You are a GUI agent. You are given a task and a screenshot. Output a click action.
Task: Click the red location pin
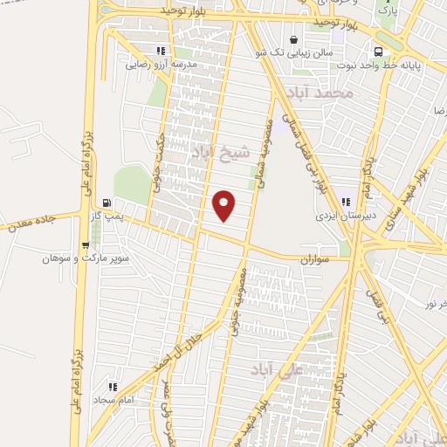(x=225, y=205)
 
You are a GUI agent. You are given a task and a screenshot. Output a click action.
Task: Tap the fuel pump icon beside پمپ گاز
(x=106, y=200)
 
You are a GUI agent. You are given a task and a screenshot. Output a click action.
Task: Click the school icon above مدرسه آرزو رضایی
(x=159, y=51)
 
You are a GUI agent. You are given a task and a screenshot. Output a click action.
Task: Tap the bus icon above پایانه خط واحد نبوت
(x=378, y=51)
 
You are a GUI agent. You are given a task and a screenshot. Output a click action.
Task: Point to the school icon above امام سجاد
(x=112, y=385)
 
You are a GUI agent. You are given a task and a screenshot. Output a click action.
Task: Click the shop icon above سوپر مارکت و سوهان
(x=85, y=244)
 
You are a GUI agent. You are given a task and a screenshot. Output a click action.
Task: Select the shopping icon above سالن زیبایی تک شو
(x=293, y=39)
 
